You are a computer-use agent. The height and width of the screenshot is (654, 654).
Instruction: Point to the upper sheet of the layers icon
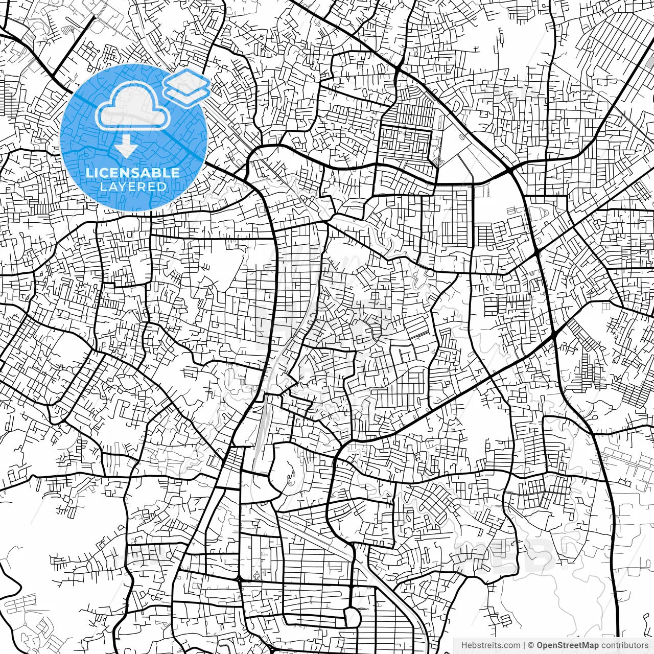pyautogui.click(x=186, y=80)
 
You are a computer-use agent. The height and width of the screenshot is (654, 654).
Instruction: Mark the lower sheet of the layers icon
pyautogui.click(x=186, y=93)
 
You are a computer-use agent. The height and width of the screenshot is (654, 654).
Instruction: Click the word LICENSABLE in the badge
pyautogui.click(x=133, y=173)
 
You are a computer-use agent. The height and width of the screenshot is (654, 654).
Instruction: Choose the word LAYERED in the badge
pyautogui.click(x=133, y=187)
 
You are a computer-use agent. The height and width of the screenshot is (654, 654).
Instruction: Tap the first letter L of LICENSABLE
pyautogui.click(x=89, y=173)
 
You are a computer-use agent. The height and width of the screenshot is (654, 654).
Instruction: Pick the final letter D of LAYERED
pyautogui.click(x=162, y=187)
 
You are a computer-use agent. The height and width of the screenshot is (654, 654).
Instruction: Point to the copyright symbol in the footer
pyautogui.click(x=531, y=645)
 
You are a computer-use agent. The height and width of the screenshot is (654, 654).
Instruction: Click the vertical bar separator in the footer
pyautogui.click(x=524, y=645)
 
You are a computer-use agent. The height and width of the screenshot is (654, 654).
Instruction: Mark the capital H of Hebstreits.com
pyautogui.click(x=464, y=645)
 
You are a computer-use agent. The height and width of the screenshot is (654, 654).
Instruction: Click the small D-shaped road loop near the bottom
pyautogui.click(x=352, y=616)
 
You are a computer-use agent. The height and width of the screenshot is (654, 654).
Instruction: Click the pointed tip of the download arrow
pyautogui.click(x=126, y=154)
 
